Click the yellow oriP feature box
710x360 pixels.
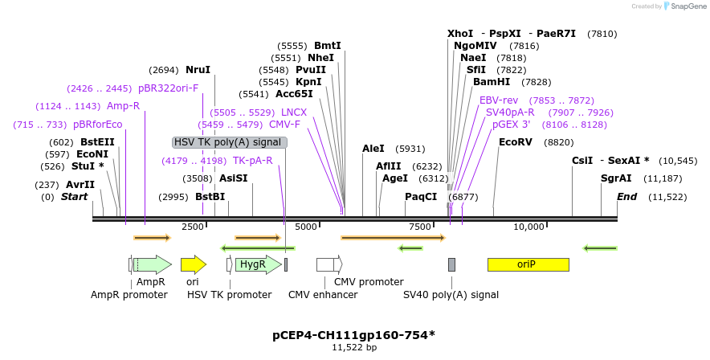pyautogui.click(x=528, y=264)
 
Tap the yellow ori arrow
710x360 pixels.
pyautogui.click(x=193, y=264)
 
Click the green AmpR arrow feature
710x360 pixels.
pyautogui.click(x=152, y=264)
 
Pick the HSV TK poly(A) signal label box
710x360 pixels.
pyautogui.click(x=230, y=142)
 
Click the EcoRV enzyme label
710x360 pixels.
pyautogui.click(x=516, y=142)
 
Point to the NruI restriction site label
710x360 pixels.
pyautogui.click(x=198, y=70)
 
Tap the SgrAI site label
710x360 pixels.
pyautogui.click(x=616, y=178)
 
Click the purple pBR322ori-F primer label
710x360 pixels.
pyautogui.click(x=168, y=88)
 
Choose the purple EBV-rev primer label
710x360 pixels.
pyautogui.click(x=499, y=100)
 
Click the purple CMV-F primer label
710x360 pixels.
pyautogui.click(x=284, y=125)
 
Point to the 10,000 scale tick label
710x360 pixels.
pyautogui.click(x=529, y=227)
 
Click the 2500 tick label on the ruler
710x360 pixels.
pyautogui.click(x=193, y=227)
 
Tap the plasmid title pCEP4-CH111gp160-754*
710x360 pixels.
pyautogui.click(x=354, y=333)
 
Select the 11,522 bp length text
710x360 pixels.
pyautogui.click(x=354, y=347)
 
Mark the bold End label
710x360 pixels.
pyautogui.click(x=626, y=197)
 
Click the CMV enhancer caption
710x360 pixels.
pyautogui.click(x=323, y=295)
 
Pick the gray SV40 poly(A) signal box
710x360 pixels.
pyautogui.click(x=451, y=264)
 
